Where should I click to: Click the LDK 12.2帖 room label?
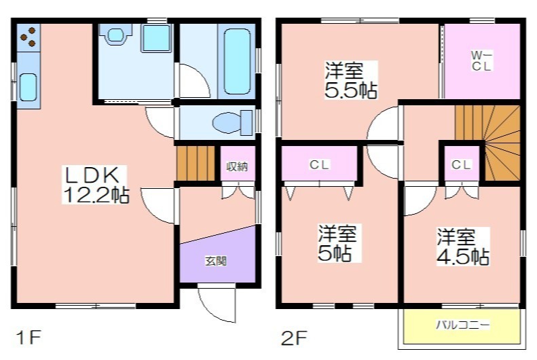[x=95, y=185]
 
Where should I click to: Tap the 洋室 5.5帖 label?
[x=351, y=80]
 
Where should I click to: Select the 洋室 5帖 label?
[x=337, y=243]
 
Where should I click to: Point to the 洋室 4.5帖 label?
[x=462, y=247]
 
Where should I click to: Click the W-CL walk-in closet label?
[x=481, y=60]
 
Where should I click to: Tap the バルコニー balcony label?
[x=463, y=325]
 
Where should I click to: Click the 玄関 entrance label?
[x=216, y=261]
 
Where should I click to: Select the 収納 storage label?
[x=237, y=166]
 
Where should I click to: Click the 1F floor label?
[x=29, y=338]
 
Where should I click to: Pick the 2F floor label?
[x=294, y=338]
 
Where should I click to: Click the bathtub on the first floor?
[x=237, y=62]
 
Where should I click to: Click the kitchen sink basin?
[x=28, y=88]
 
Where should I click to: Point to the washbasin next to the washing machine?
[x=116, y=35]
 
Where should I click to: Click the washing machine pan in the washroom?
[x=156, y=38]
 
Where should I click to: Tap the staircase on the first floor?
[x=196, y=164]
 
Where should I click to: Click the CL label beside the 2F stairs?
[x=461, y=165]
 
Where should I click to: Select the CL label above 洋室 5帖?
[x=319, y=165]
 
